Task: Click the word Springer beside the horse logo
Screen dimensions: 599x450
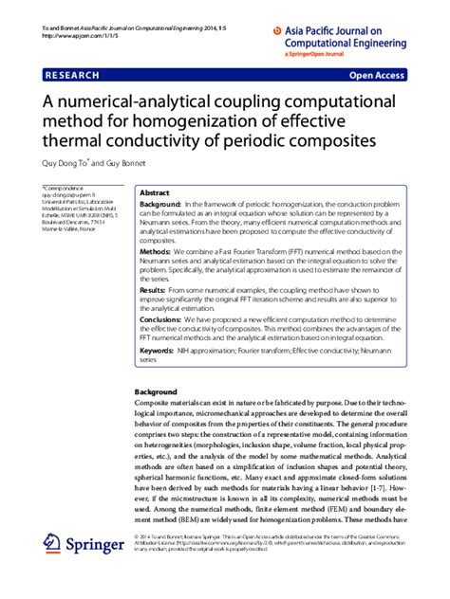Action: (96, 547)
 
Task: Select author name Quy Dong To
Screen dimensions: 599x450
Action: (68, 163)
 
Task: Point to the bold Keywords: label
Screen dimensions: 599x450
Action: (160, 351)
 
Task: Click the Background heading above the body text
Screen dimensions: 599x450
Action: (156, 391)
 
